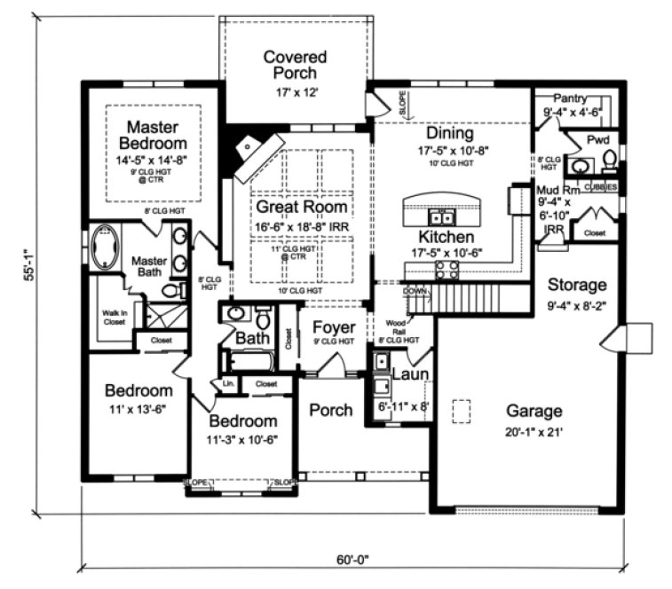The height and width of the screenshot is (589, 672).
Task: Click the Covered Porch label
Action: coord(295,65)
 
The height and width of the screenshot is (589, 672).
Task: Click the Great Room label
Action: coord(302,207)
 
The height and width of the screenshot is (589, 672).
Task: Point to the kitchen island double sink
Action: coord(440,216)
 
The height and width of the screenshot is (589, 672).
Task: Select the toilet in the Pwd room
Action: coord(610,160)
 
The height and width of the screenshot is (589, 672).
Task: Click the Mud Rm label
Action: coord(557,189)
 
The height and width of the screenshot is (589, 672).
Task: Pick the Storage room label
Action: coord(576,285)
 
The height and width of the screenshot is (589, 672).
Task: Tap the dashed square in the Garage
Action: coord(461,411)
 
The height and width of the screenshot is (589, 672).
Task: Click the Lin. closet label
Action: coord(227,384)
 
